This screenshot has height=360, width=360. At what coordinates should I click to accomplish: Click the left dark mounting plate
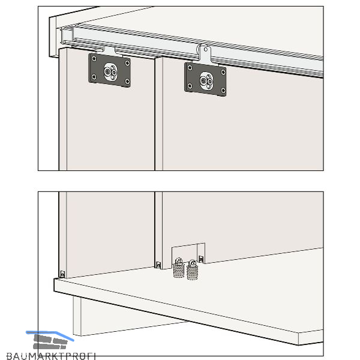[110, 70]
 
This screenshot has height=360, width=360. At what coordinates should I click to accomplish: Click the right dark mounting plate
[205, 79]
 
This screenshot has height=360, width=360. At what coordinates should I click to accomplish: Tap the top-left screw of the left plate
[94, 59]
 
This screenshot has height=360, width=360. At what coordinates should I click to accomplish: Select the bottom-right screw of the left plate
[127, 81]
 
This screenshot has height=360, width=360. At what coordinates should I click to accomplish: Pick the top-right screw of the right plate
[223, 73]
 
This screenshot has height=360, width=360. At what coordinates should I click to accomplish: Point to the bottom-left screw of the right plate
[190, 86]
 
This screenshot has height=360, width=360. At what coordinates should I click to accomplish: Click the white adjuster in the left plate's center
[110, 72]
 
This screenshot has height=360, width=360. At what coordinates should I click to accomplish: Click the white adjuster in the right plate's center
[206, 81]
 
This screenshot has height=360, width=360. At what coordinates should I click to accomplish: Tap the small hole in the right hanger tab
[206, 49]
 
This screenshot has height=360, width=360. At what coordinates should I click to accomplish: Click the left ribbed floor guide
[179, 269]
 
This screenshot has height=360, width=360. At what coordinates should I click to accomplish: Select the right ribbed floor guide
[193, 271]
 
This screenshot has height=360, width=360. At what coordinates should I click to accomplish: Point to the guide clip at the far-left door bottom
[62, 274]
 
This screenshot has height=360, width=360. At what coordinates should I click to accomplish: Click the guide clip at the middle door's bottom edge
[158, 265]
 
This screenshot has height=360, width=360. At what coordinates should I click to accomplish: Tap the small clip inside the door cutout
[201, 259]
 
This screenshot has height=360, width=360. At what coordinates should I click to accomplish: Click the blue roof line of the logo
[50, 335]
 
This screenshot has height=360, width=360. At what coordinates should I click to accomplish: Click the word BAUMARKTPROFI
[51, 356]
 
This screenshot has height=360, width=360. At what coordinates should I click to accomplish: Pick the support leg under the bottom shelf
[77, 316]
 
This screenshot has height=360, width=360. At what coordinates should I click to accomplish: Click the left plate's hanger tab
[110, 51]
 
